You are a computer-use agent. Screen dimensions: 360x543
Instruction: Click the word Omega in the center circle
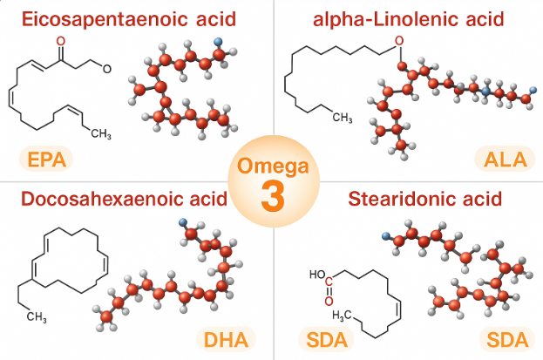coord(271,166)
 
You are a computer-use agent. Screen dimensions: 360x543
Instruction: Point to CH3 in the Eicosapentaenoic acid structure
coord(101,134)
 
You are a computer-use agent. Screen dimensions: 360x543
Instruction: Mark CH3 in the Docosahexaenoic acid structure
coord(37,316)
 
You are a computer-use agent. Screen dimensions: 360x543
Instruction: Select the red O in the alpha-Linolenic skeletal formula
coord(399,39)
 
